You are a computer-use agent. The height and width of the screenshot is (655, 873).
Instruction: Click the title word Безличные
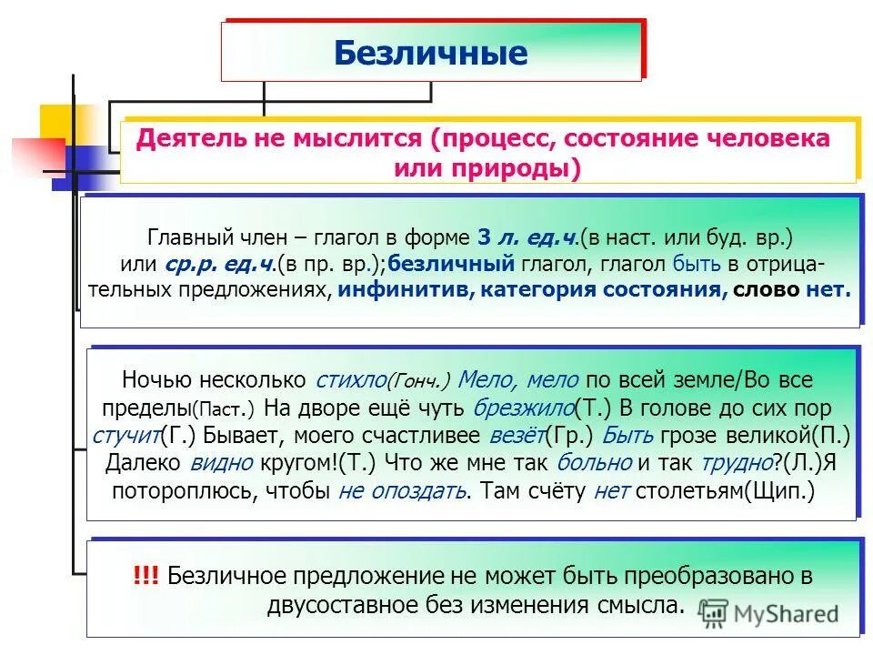430,53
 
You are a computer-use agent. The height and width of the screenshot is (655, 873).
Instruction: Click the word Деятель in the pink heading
183,138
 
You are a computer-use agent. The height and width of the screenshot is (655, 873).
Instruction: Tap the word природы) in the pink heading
532,168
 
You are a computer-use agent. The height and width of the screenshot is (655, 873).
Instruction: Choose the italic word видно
223,462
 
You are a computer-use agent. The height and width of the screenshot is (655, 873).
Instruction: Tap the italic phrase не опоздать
403,491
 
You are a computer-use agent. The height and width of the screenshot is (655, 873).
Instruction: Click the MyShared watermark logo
769,613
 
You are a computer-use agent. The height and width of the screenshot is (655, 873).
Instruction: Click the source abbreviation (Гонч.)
419,380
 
